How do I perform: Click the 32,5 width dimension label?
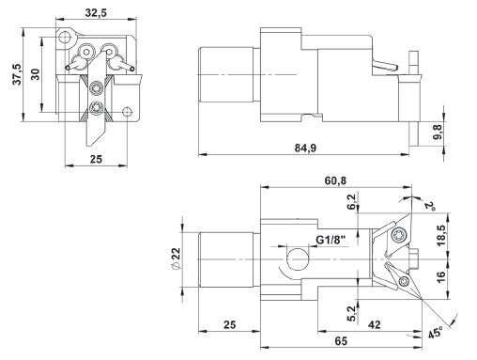coord(96,12)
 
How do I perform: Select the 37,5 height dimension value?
coord(17,74)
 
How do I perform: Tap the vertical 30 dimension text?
coord(36,74)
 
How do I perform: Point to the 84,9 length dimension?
coord(305,148)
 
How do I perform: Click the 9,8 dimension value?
coord(439,132)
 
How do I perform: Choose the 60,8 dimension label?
coord(335,180)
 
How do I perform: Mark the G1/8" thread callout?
coord(331,240)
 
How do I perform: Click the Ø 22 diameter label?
coord(177,258)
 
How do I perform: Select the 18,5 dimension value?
coord(441,236)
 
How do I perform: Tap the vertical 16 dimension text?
coord(440,277)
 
